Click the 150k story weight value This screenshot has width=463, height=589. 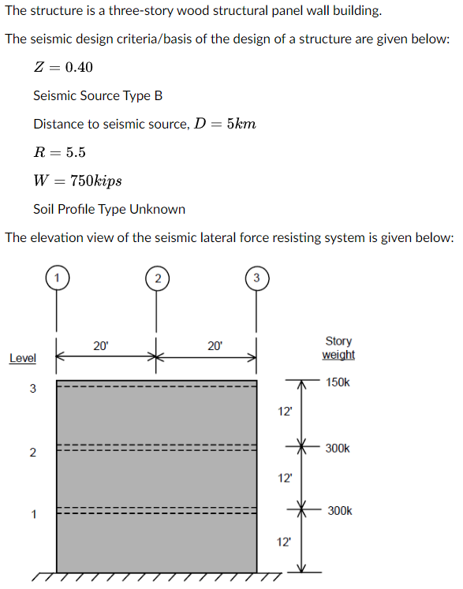[337, 382]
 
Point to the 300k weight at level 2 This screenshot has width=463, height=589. [337, 448]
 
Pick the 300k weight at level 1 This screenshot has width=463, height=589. [339, 511]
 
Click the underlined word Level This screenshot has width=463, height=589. [22, 359]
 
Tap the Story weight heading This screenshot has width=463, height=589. [338, 348]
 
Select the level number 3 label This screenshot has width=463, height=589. [32, 388]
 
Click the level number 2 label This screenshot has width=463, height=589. [32, 453]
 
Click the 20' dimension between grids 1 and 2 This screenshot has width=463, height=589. [101, 345]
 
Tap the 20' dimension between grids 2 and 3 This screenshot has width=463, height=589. [215, 345]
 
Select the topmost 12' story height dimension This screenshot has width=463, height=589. [285, 411]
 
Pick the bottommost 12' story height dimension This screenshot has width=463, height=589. [285, 542]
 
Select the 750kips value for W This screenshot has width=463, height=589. [95, 181]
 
